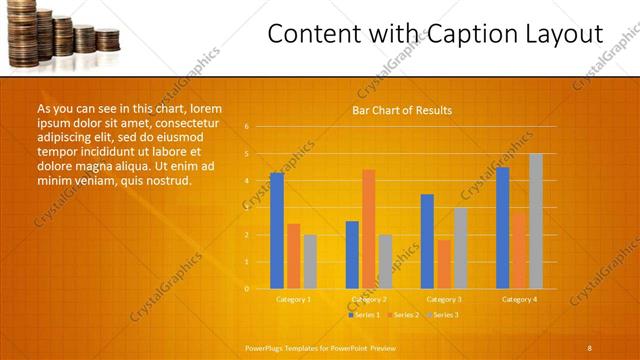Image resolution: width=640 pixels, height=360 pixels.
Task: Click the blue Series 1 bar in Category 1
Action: point(277,231)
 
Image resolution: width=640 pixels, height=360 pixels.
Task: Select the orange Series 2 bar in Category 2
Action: point(368,229)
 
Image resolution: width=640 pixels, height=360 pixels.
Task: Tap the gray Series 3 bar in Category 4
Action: point(535,221)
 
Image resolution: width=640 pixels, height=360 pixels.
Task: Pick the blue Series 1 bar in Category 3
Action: point(427,241)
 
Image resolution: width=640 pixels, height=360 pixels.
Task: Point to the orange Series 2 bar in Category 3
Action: point(444,264)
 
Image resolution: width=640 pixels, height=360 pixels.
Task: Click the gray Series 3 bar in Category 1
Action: point(310,262)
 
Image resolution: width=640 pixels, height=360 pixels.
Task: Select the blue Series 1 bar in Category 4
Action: point(502,228)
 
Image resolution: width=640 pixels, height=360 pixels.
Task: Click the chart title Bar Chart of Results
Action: point(401,110)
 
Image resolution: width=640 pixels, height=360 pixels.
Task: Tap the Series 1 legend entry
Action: point(364,315)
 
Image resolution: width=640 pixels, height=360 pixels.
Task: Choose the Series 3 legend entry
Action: point(443,315)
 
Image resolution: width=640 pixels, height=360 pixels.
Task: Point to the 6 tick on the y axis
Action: point(245,127)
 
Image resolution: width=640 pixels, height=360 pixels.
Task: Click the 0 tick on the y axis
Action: point(245,289)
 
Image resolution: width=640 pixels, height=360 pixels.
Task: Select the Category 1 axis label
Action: point(293,299)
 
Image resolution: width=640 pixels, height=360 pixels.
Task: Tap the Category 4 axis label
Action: point(519,299)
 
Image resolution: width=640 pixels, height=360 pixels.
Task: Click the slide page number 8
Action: point(589,347)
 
